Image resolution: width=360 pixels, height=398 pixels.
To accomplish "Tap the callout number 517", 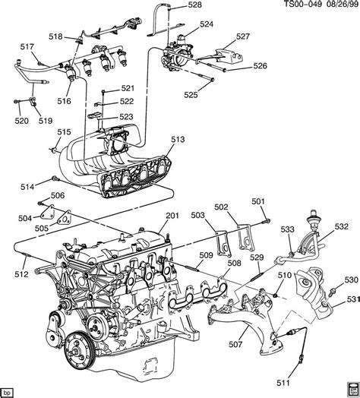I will [x=27, y=47].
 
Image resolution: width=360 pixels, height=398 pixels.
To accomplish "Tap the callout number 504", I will [x=24, y=219].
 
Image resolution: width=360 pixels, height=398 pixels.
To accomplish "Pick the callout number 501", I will [x=258, y=201].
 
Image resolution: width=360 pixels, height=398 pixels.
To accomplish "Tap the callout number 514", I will [x=27, y=187].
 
